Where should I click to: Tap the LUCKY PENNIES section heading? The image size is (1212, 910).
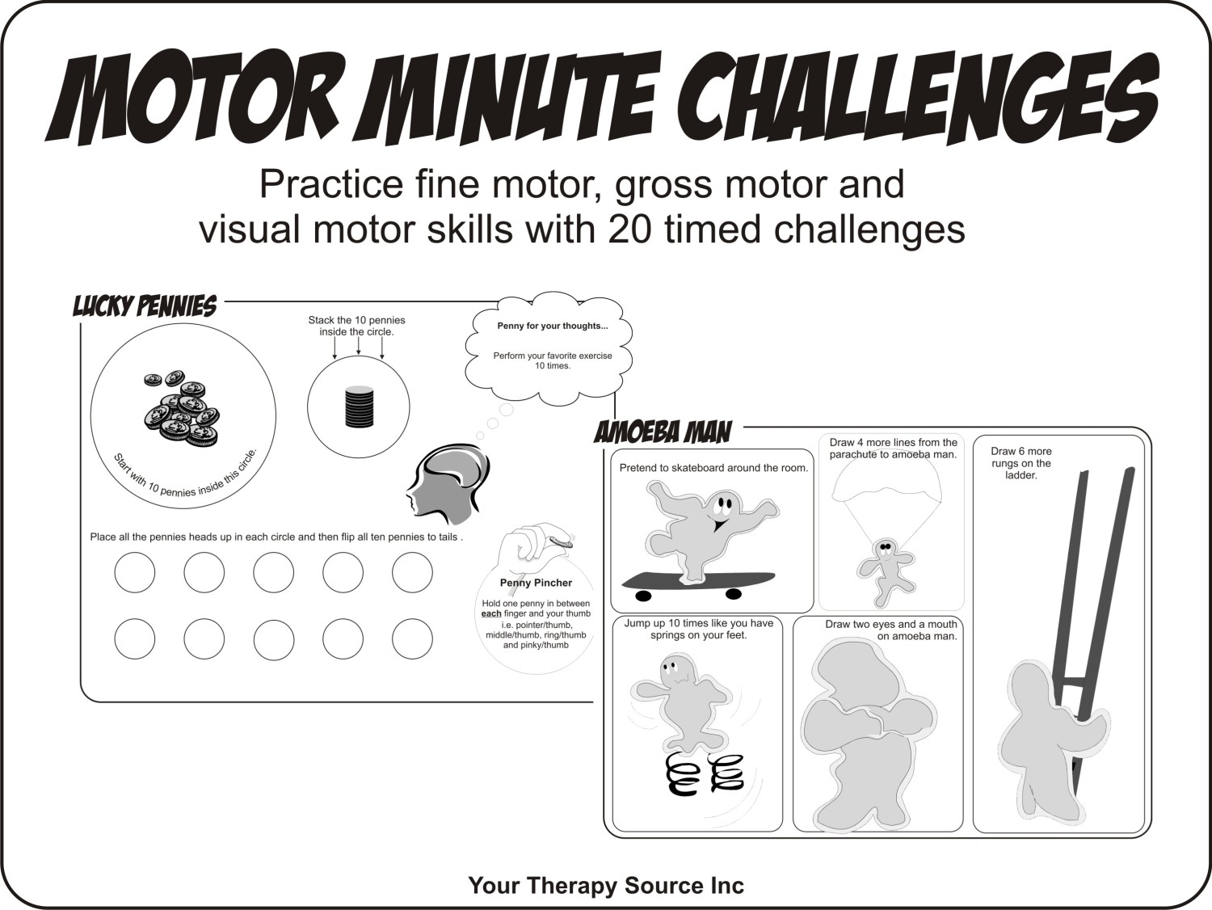pyautogui.click(x=145, y=306)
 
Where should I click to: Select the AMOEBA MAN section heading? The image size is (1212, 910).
pyautogui.click(x=663, y=432)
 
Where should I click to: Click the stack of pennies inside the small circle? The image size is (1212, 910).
pyautogui.click(x=358, y=407)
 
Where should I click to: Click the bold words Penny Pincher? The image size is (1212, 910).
pyautogui.click(x=536, y=583)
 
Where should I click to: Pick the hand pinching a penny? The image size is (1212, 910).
pyautogui.click(x=533, y=541)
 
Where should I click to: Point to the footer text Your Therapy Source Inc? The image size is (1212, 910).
pyautogui.click(x=605, y=886)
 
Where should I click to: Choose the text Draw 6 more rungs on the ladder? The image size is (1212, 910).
pyautogui.click(x=1021, y=463)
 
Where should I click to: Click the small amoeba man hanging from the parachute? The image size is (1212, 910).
pyautogui.click(x=888, y=569)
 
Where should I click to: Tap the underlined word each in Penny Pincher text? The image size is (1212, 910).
pyautogui.click(x=491, y=614)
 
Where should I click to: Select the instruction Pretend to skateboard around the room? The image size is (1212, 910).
pyautogui.click(x=713, y=468)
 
